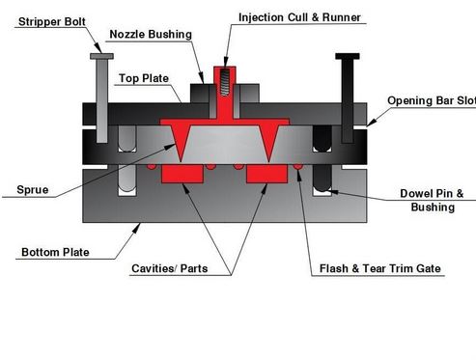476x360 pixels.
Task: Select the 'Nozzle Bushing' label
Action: click(x=150, y=34)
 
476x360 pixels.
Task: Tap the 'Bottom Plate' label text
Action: click(x=55, y=253)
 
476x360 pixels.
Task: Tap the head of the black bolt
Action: click(x=349, y=57)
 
